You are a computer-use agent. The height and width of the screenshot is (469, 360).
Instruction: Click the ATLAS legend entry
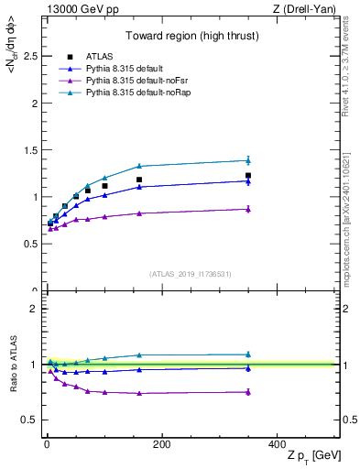click(x=101, y=57)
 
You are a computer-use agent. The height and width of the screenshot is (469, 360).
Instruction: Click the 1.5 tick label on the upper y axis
click(x=29, y=150)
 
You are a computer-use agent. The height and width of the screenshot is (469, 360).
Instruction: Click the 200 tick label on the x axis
click(x=161, y=444)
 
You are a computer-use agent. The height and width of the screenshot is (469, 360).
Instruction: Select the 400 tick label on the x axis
click(x=277, y=444)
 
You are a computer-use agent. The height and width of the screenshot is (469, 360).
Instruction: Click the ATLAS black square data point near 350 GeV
click(x=248, y=175)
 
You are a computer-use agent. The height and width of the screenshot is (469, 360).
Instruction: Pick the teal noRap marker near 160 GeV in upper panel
click(x=139, y=166)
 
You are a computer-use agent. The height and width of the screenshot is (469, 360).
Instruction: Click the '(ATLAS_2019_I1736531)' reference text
click(x=191, y=273)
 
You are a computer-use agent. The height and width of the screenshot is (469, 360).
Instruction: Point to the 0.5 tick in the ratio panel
click(x=29, y=420)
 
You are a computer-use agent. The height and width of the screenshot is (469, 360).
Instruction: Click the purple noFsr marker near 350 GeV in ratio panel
click(x=248, y=392)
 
